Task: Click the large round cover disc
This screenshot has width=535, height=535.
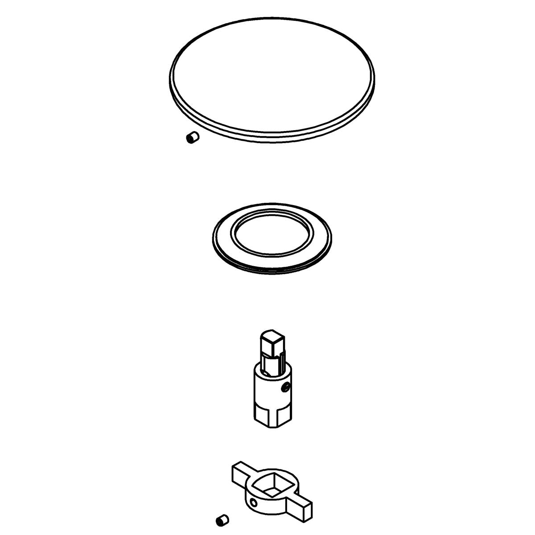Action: (x=272, y=76)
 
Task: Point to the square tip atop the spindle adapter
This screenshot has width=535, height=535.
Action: (x=271, y=343)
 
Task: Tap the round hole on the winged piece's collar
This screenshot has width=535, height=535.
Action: (x=254, y=503)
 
